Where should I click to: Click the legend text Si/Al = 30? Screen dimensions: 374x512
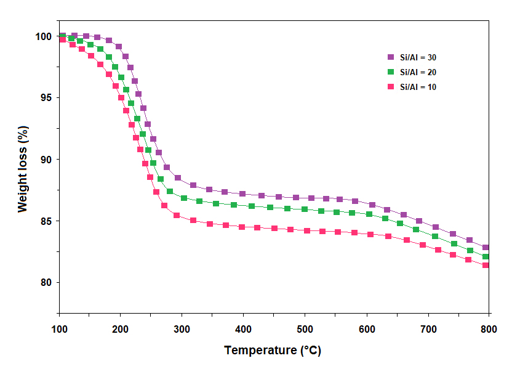[418, 57]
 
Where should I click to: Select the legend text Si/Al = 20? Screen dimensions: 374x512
[418, 72]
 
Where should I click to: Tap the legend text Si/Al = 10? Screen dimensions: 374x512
[418, 87]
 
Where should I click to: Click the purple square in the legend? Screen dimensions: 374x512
[390, 57]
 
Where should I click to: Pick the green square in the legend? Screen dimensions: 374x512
[390, 72]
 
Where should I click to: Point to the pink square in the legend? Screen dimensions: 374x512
[390, 87]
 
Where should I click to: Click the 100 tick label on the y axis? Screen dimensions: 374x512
[43, 36]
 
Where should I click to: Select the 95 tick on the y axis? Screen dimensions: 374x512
[46, 98]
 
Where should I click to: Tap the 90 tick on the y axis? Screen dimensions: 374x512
[46, 160]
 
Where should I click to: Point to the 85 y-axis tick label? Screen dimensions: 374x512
[46, 221]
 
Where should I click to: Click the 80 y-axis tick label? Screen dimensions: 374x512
[46, 283]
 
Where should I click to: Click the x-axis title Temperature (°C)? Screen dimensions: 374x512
[273, 351]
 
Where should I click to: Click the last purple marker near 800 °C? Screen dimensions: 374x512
[486, 248]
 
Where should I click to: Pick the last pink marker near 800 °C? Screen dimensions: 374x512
[486, 265]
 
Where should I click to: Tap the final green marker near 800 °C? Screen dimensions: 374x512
[486, 256]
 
